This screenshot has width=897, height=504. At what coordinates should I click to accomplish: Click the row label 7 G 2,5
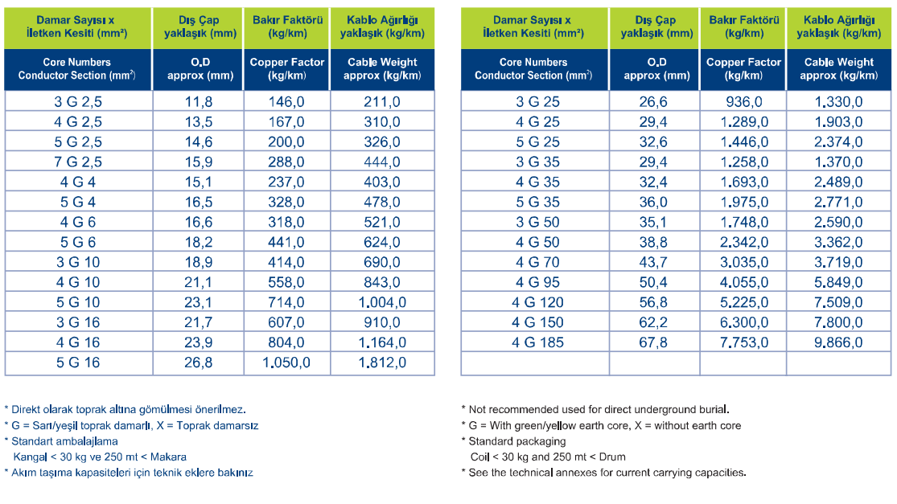click(x=78, y=162)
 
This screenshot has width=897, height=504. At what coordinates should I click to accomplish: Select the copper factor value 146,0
click(x=286, y=102)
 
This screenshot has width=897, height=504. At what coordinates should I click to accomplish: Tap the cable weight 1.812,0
click(x=382, y=363)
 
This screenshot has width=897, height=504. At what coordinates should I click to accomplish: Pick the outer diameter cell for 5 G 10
click(x=199, y=302)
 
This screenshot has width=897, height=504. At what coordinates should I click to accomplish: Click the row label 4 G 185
click(x=537, y=343)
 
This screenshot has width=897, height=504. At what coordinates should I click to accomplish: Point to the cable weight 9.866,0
click(x=838, y=343)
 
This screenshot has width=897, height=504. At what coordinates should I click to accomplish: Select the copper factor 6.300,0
click(x=743, y=323)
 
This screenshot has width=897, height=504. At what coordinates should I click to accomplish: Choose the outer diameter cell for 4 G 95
click(x=653, y=282)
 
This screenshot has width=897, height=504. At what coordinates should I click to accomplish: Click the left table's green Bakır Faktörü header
click(x=287, y=27)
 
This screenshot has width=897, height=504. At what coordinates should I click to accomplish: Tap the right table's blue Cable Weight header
click(x=838, y=69)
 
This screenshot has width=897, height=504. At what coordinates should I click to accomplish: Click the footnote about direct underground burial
click(x=595, y=410)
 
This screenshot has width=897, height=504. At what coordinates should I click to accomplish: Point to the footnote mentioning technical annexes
click(x=604, y=473)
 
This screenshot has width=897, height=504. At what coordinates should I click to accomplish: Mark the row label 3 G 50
click(x=537, y=223)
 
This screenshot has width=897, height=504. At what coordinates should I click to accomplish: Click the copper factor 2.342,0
click(x=743, y=242)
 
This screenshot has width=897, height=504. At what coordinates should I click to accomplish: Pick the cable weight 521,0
click(x=382, y=223)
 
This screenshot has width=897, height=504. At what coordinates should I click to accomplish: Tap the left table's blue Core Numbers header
click(x=76, y=69)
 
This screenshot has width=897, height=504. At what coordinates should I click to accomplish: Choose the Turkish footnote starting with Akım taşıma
click(x=129, y=473)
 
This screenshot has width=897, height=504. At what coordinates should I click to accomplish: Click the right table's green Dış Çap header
click(x=656, y=27)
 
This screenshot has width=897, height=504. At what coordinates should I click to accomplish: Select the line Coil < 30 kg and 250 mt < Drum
click(x=548, y=457)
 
